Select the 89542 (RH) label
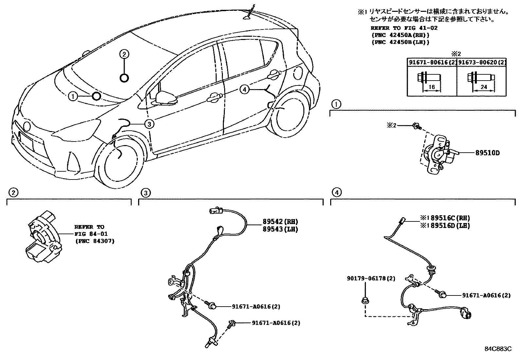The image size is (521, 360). (x=280, y=221)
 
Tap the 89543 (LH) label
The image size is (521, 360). (x=280, y=229)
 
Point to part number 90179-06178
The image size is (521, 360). (x=371, y=278)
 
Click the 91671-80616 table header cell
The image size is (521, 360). (x=432, y=62)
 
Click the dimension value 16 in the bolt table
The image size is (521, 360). (x=431, y=87)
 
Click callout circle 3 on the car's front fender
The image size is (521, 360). (x=149, y=124)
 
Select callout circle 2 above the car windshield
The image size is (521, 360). (x=124, y=54)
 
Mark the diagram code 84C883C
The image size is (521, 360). (x=498, y=349)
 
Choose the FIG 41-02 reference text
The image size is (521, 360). (x=404, y=28)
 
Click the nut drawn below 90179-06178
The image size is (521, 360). (x=365, y=300)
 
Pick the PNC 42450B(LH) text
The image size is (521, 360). (x=400, y=42)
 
